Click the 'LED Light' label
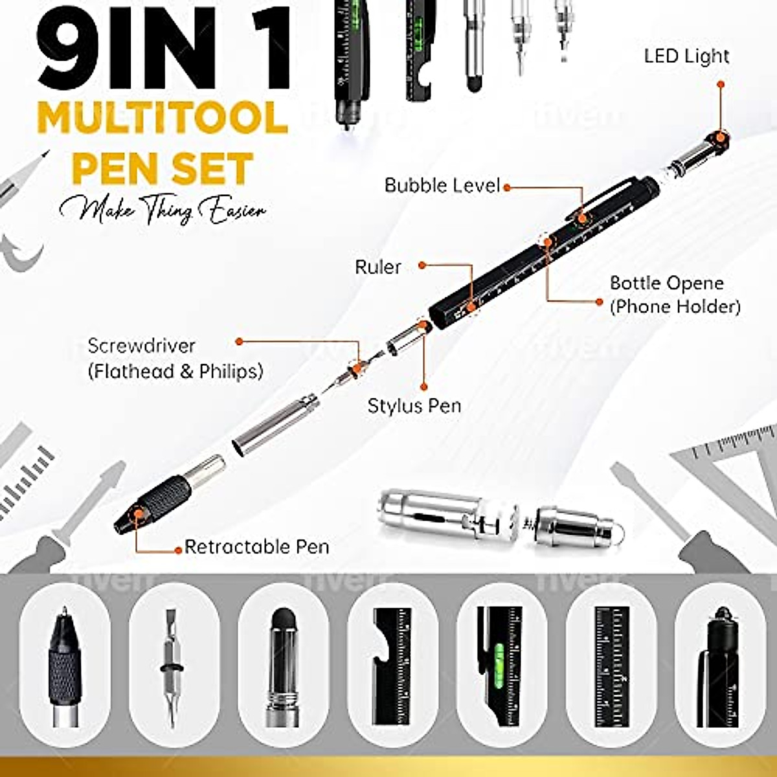click(x=686, y=56)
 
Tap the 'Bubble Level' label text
click(x=442, y=186)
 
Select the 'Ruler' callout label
click(x=378, y=267)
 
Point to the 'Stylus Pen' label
click(x=414, y=406)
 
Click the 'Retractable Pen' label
click(x=257, y=547)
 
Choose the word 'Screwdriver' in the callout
click(x=141, y=346)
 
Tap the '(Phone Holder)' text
click(x=675, y=306)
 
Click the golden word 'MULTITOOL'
click(x=163, y=118)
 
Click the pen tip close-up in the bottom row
click(x=65, y=667)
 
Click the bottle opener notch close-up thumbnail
click(x=392, y=667)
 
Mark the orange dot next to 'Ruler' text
click(x=422, y=265)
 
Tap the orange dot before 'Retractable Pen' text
click(x=179, y=550)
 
